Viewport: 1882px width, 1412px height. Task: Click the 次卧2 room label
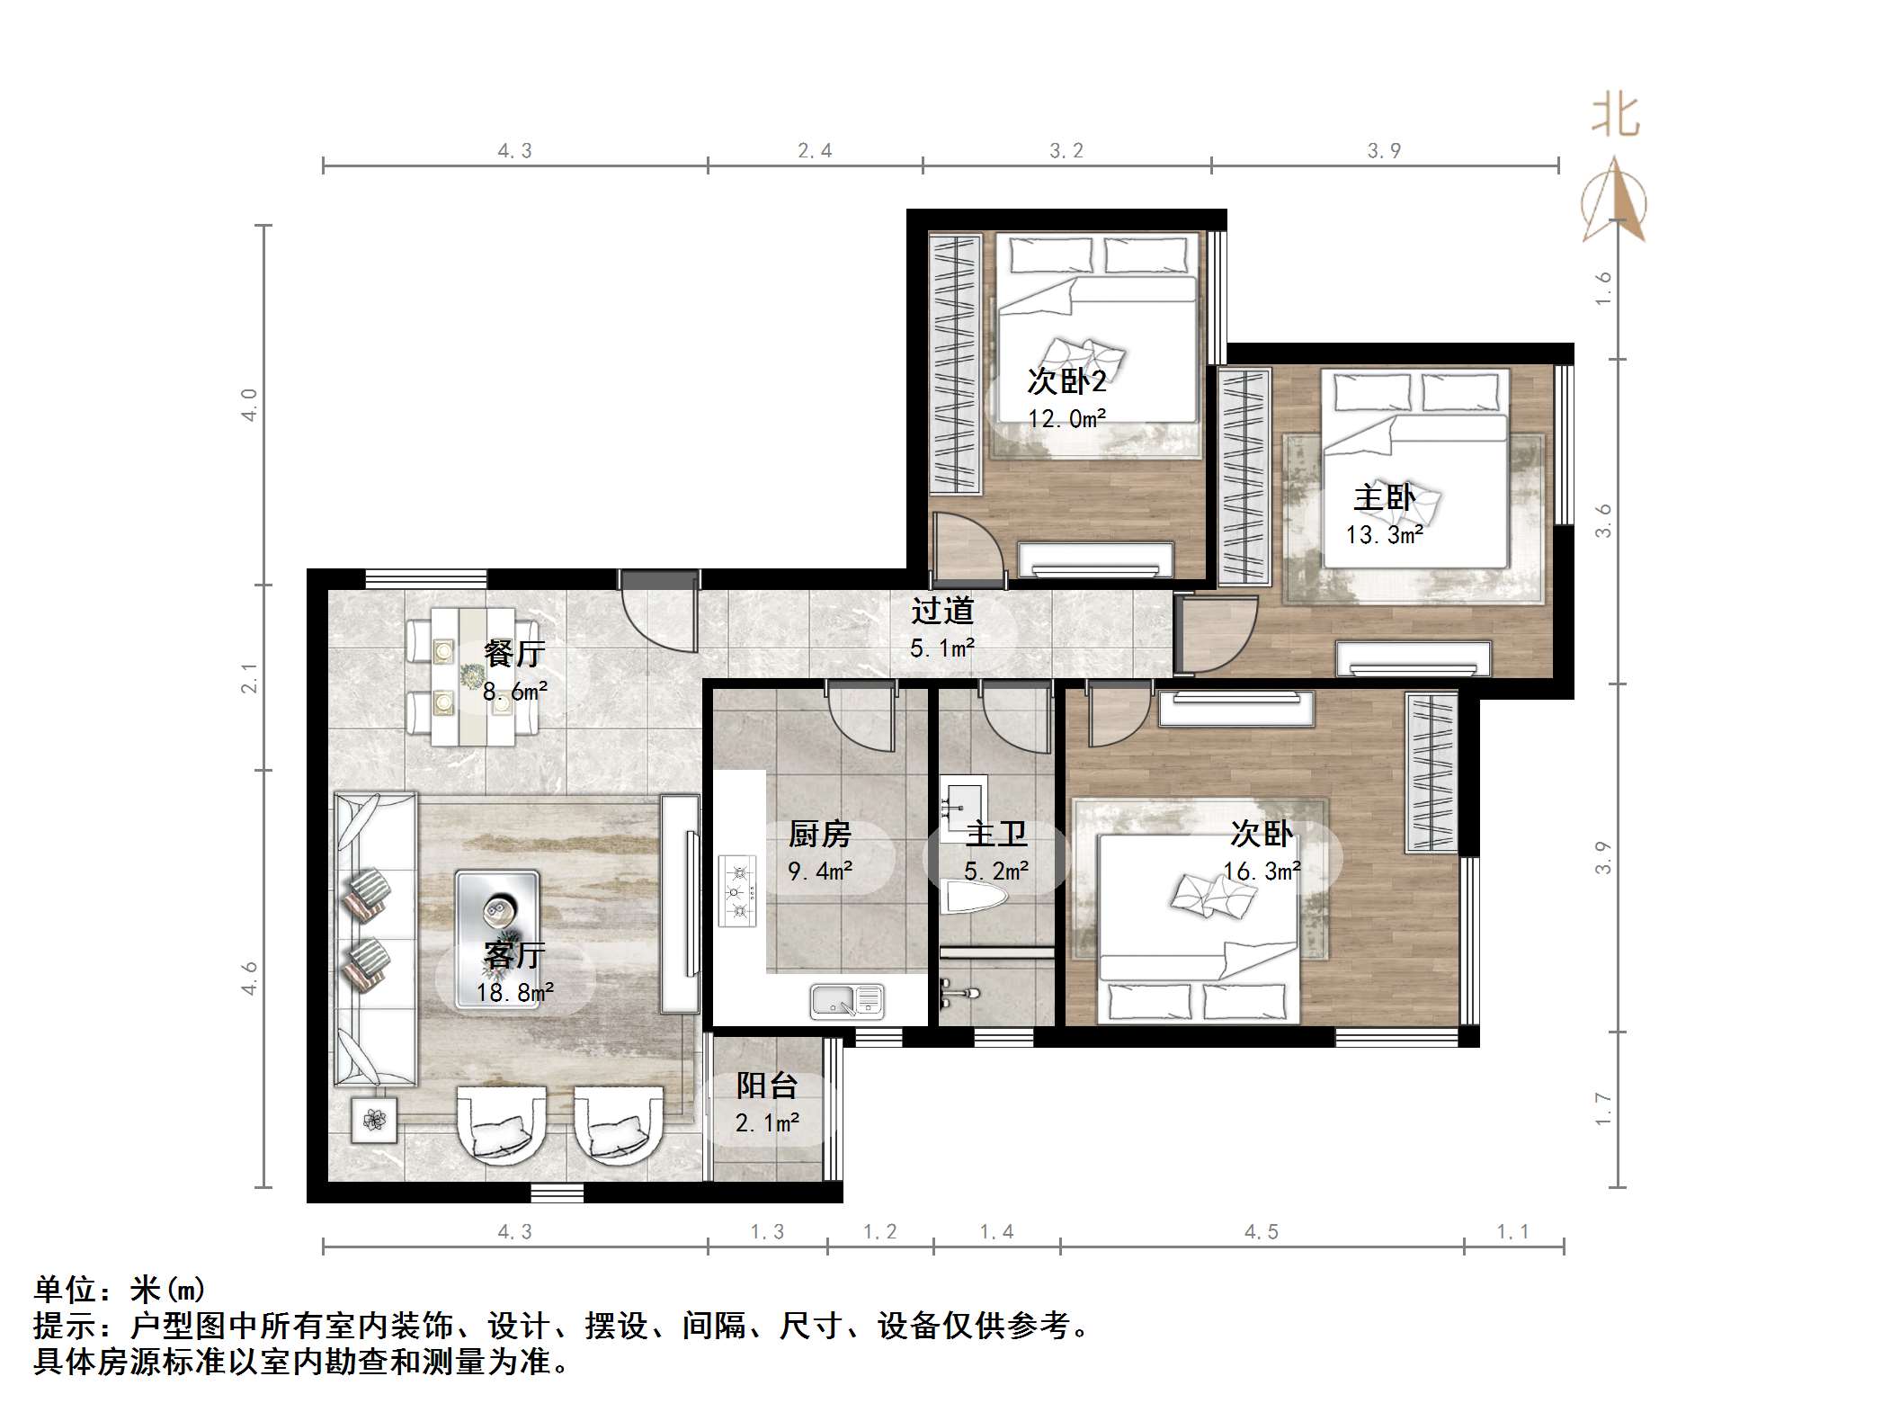1066,381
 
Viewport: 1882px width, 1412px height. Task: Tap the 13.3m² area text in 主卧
1384,535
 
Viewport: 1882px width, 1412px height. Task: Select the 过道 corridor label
941,612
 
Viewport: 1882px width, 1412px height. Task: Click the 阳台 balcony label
766,1086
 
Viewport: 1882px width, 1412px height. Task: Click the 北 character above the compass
1615,118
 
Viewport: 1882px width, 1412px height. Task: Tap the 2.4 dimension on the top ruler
815,151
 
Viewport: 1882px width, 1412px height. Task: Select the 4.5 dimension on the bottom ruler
1261,1232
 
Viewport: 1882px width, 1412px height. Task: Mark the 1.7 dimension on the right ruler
1603,1109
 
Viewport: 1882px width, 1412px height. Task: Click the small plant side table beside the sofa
374,1120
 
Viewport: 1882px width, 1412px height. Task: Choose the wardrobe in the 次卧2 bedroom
955,363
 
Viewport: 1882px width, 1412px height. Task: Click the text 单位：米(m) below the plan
120,1290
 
